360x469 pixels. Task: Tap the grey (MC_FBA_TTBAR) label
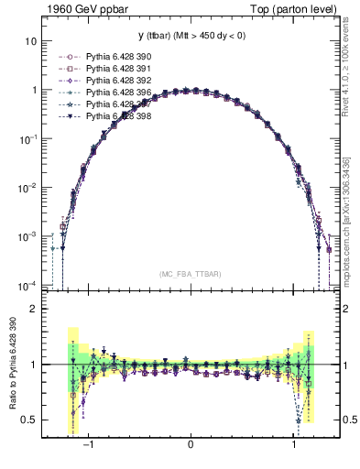tap(191, 274)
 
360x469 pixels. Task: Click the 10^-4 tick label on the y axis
tap(27, 284)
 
